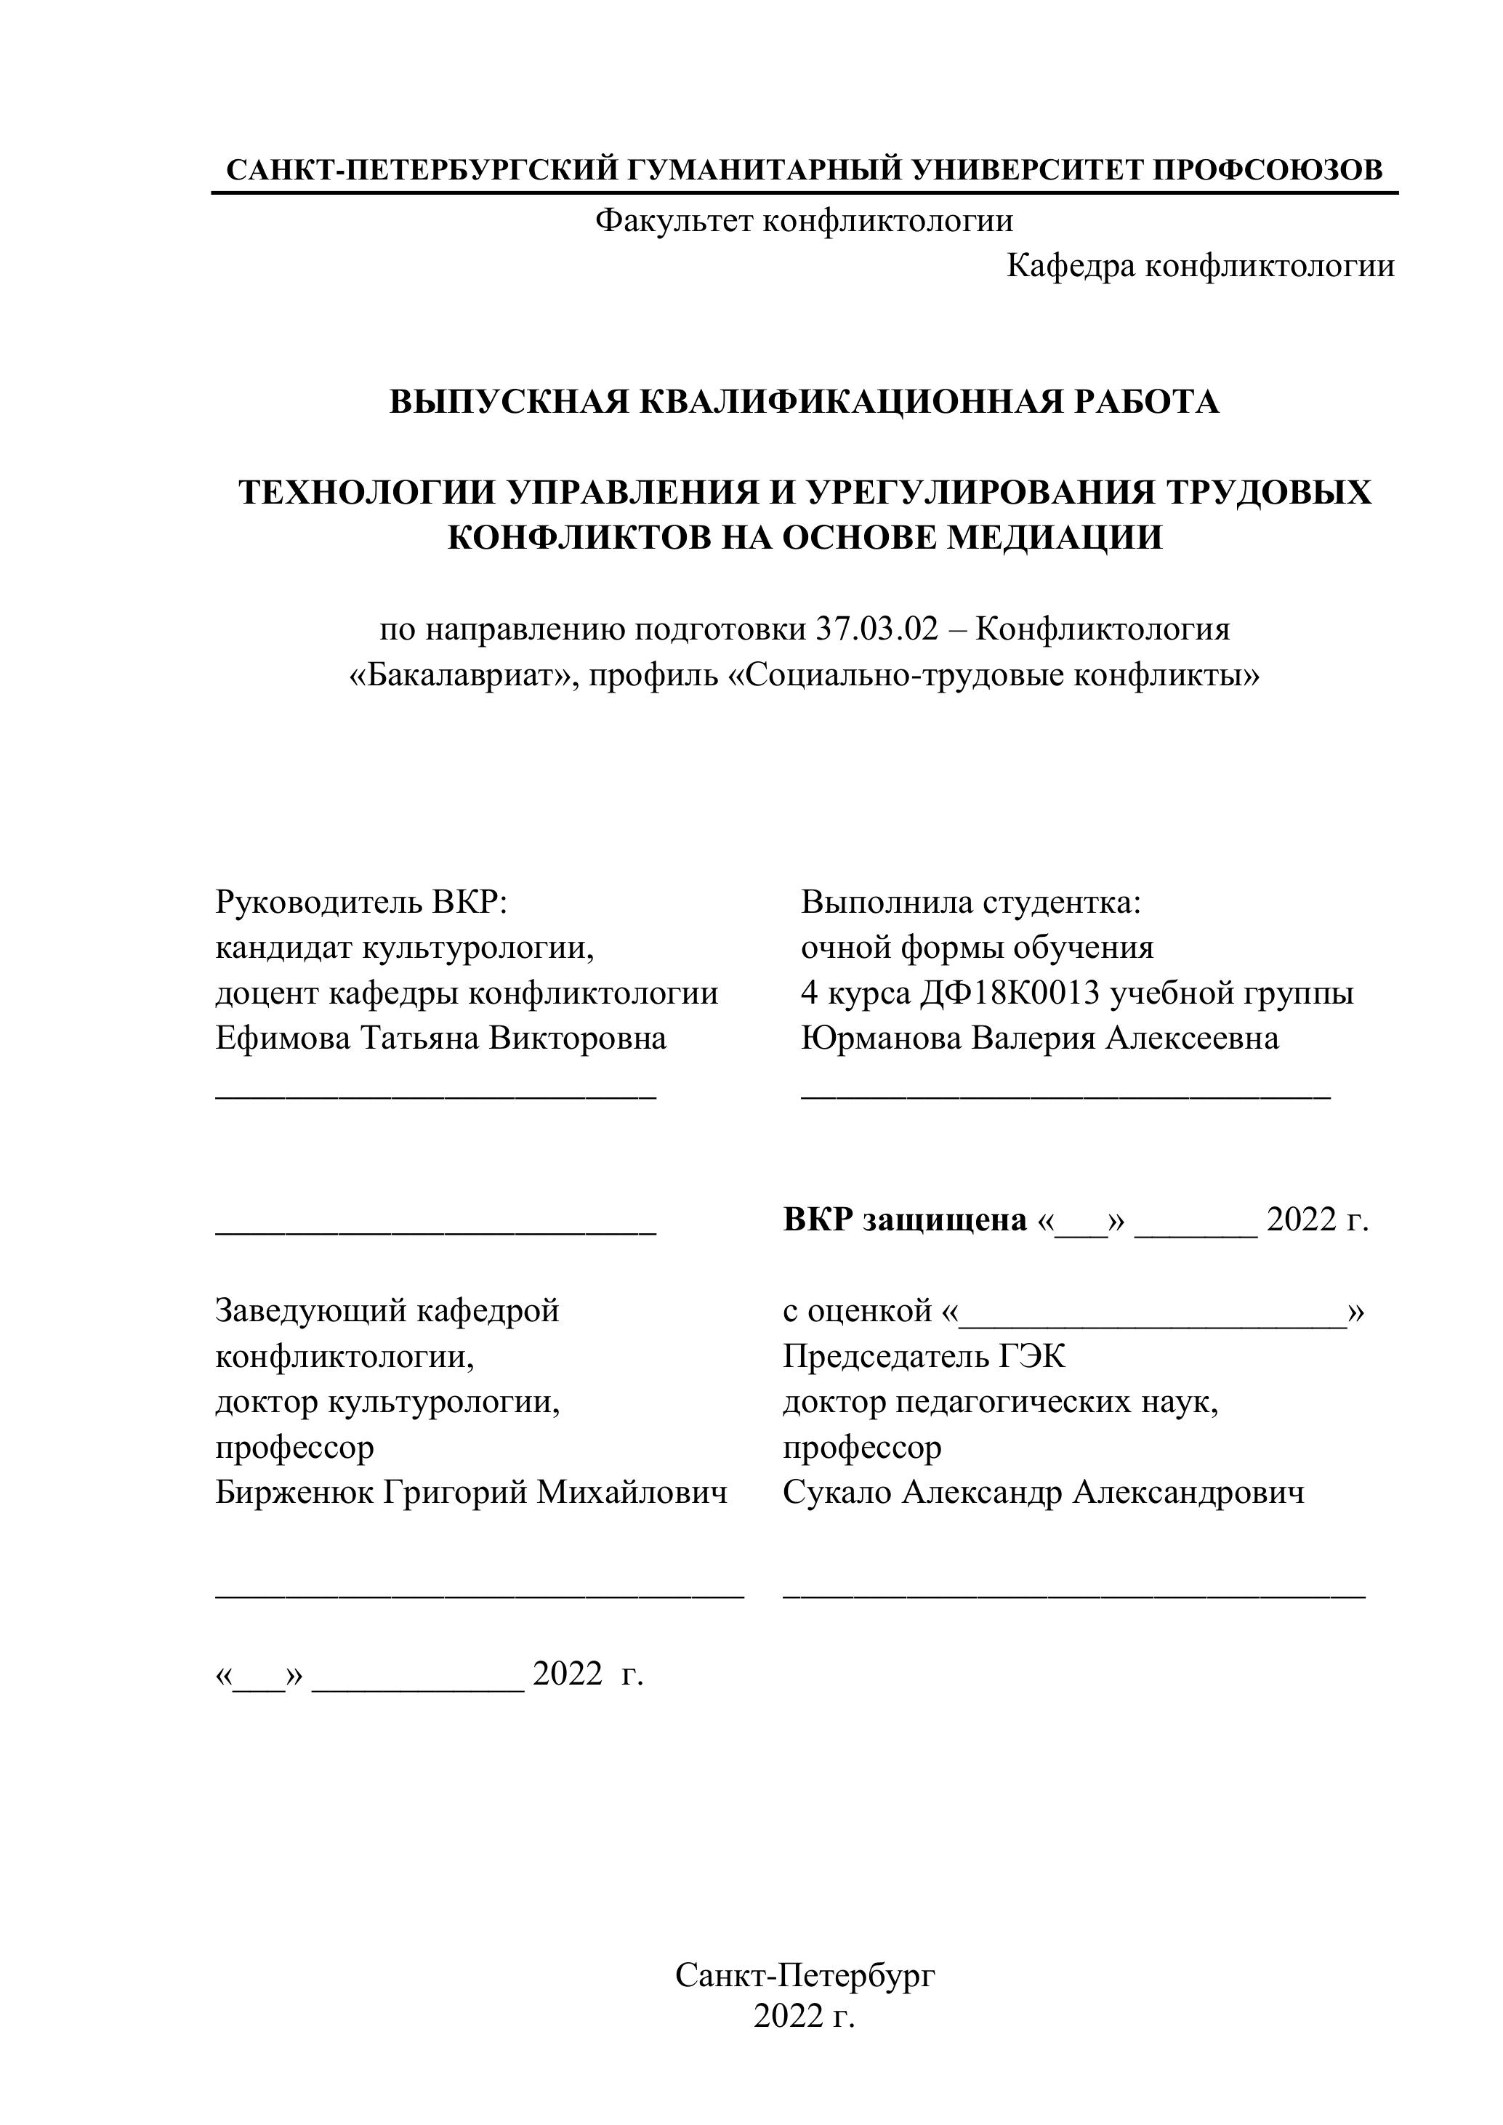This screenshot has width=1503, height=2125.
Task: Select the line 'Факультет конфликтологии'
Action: pyautogui.click(x=803, y=221)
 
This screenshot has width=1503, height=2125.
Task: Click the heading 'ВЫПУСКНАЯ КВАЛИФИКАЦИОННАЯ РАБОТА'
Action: pyautogui.click(x=803, y=402)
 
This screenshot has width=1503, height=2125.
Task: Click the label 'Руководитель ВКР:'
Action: pyautogui.click(x=361, y=901)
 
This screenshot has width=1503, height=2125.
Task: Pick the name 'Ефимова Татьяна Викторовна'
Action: pyautogui.click(x=440, y=1039)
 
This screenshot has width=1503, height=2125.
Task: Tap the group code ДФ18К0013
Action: pyautogui.click(x=1010, y=993)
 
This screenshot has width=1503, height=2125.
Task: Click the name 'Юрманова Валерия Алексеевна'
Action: pyautogui.click(x=1039, y=1039)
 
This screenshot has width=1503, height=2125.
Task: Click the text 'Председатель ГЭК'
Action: pyautogui.click(x=924, y=1357)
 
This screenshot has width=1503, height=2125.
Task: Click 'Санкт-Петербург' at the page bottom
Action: pyautogui.click(x=805, y=1976)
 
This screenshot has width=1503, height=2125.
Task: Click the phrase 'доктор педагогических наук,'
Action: pyautogui.click(x=999, y=1402)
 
